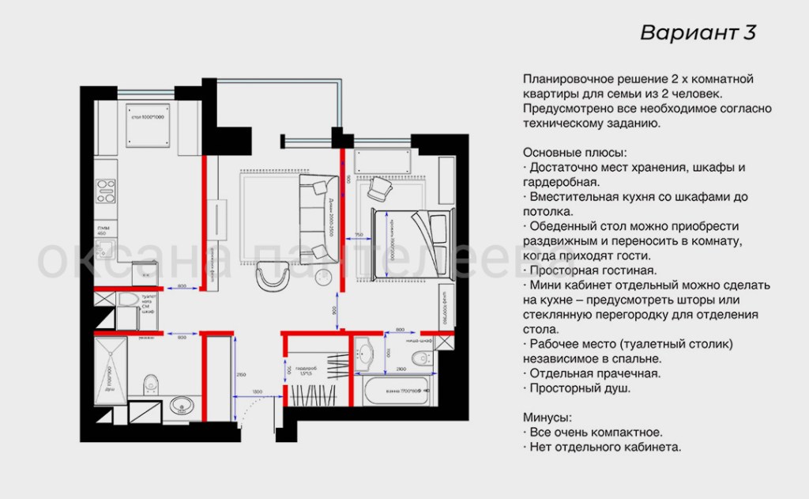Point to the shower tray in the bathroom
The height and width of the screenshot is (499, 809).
point(110,371)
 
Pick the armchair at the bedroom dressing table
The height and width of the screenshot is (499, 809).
point(381,187)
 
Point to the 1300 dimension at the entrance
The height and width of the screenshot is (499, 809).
point(258,392)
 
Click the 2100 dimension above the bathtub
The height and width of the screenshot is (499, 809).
point(402,369)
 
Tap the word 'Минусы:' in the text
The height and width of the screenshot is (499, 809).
point(547,418)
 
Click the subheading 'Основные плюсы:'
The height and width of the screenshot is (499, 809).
point(573,153)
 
